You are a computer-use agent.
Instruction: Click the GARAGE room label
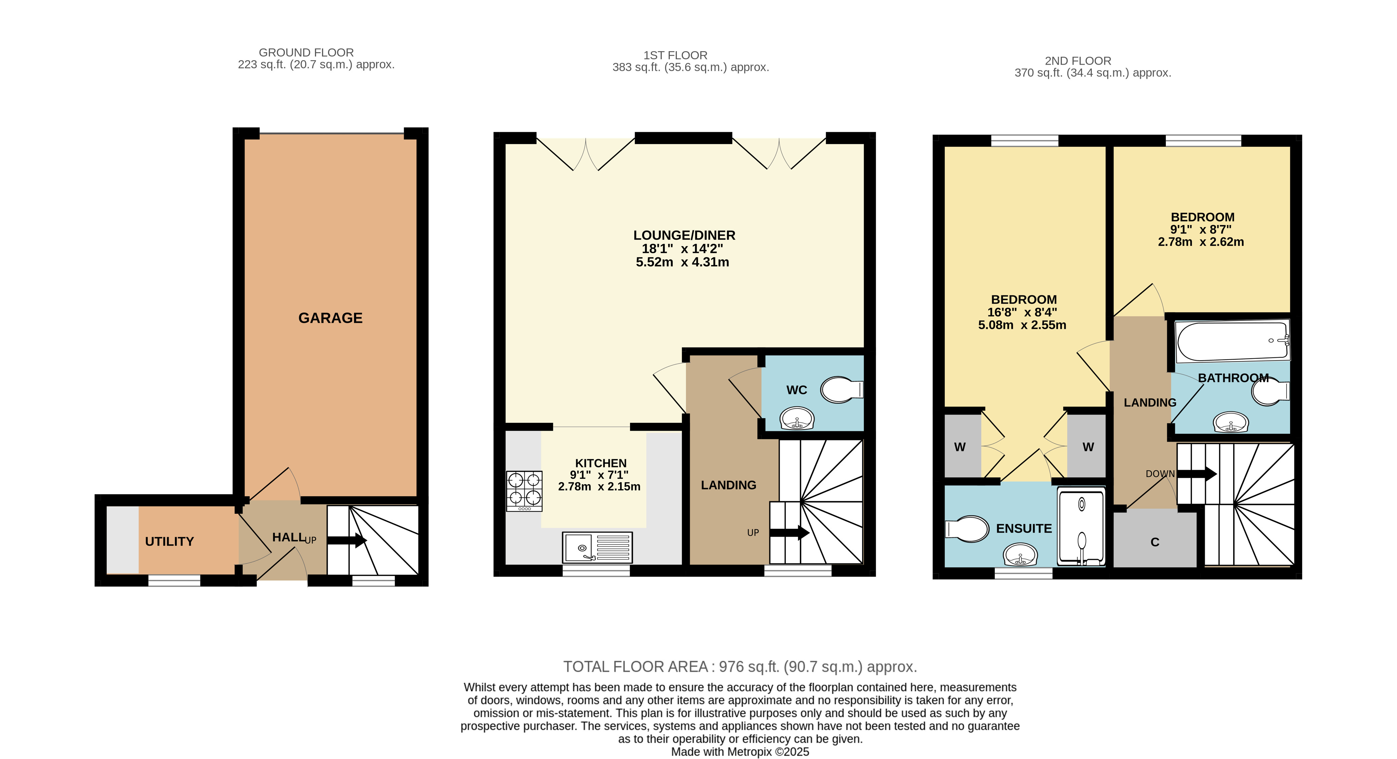coord(330,318)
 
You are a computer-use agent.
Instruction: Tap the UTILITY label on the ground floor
coord(169,542)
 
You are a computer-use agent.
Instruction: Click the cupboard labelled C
coord(1155,539)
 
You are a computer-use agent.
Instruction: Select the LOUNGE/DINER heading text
coord(685,235)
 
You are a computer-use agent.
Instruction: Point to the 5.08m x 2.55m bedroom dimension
coord(1022,325)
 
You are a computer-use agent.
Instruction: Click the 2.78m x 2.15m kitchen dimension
coord(599,487)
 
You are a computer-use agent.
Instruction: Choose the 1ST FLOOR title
coord(675,55)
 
